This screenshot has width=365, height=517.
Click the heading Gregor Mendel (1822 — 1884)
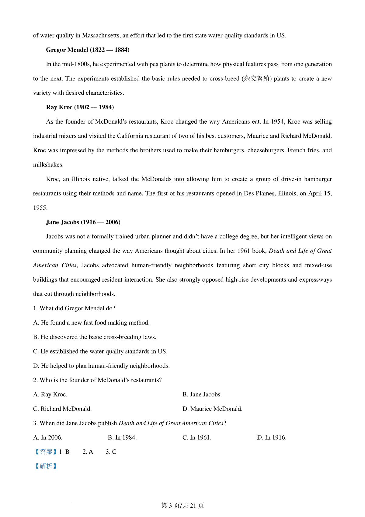click(x=88, y=50)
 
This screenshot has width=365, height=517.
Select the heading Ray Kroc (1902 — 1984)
click(x=80, y=107)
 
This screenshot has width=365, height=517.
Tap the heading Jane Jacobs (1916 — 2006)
click(x=83, y=222)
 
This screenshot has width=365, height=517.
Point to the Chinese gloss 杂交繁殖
click(x=257, y=79)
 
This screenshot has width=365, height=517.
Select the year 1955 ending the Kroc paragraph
click(x=40, y=208)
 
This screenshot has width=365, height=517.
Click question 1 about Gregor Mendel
click(x=74, y=308)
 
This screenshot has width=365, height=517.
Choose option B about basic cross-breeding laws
click(x=95, y=337)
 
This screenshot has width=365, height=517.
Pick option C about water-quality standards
click(x=100, y=351)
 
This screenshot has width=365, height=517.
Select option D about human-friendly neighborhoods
click(x=101, y=366)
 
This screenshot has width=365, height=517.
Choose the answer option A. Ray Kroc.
click(x=50, y=395)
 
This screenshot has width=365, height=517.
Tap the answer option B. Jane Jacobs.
click(x=202, y=395)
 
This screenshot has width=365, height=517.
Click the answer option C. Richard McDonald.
click(x=62, y=409)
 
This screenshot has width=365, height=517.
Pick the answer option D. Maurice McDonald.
click(x=212, y=409)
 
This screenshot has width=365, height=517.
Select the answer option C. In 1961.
click(x=197, y=438)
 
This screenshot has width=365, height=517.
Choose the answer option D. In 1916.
click(x=272, y=438)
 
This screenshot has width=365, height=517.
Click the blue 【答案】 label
click(x=46, y=452)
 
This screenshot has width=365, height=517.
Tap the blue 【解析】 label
click(x=46, y=466)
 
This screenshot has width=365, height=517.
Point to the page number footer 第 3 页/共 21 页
click(x=182, y=506)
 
